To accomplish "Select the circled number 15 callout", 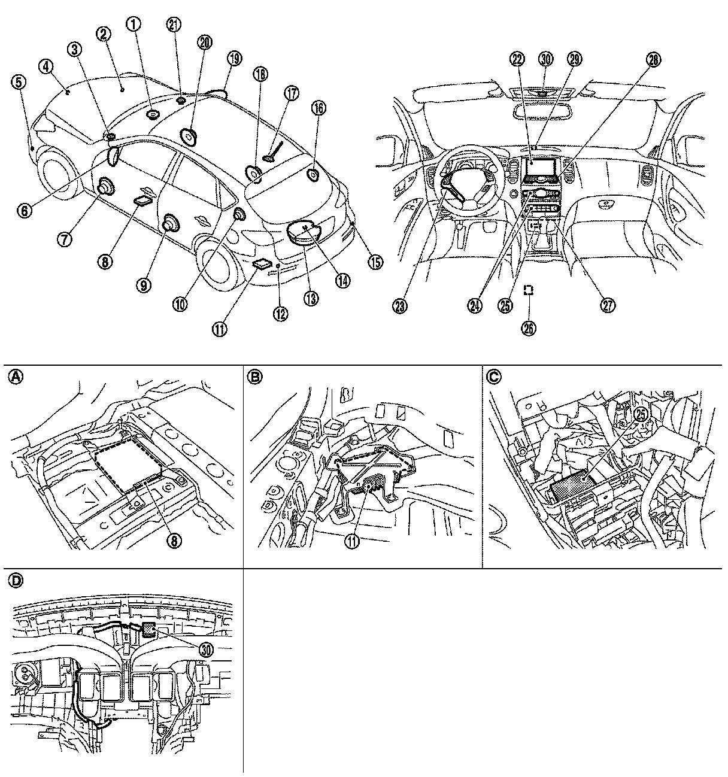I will point(375,262).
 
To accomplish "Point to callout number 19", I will point(234,58).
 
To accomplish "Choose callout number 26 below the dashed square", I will point(529,327).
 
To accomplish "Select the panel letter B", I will point(255,377).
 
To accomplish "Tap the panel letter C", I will point(493,377).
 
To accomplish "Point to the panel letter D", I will point(17,581).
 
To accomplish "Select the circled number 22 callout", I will point(517,59).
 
